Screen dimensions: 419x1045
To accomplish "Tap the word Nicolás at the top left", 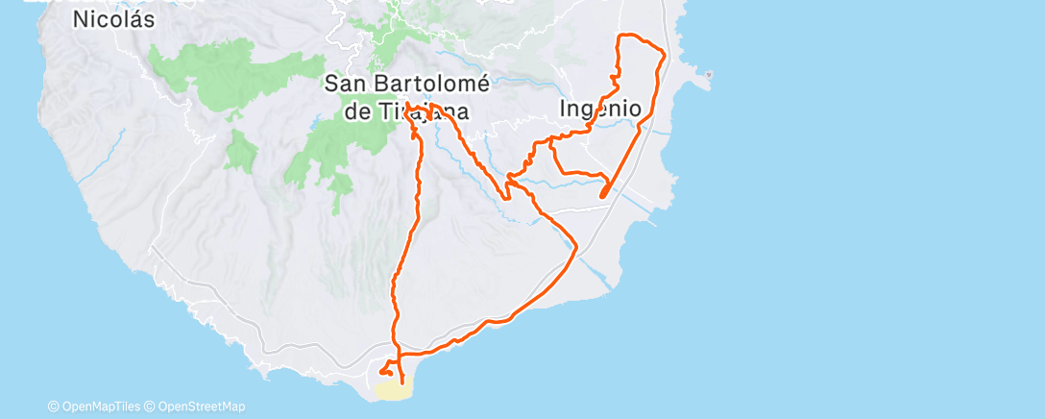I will click(x=114, y=19).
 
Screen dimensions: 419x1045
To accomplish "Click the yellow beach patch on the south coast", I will click(x=393, y=390).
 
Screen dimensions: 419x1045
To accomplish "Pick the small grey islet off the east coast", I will click(x=709, y=74).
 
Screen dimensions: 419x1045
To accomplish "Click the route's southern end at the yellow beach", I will click(x=401, y=383).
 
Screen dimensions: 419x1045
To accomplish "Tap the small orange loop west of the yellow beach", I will click(x=385, y=370).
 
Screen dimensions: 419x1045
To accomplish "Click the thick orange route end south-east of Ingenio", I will click(x=602, y=195).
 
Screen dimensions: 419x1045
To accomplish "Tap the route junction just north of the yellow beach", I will click(x=397, y=355).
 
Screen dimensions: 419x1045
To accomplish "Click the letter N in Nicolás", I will click(x=82, y=19).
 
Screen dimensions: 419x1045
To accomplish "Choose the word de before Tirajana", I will click(x=357, y=111).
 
